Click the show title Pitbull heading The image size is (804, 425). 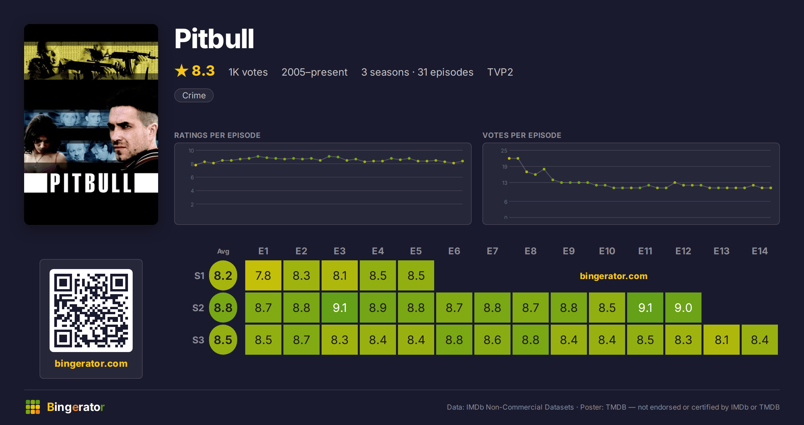click(214, 39)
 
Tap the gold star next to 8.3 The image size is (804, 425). click(182, 71)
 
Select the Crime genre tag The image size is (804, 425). click(194, 95)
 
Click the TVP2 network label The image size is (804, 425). click(500, 72)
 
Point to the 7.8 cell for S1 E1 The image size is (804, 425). click(263, 275)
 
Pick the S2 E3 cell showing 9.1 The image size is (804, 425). click(340, 308)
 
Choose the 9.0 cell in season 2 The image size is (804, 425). click(683, 308)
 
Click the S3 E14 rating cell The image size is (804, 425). click(760, 340)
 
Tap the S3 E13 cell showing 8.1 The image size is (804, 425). click(722, 340)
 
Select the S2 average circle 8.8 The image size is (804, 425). click(223, 308)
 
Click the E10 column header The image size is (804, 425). click(607, 251)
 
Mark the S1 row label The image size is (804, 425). click(199, 276)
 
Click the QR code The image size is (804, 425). click(91, 311)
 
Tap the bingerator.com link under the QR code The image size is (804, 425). click(91, 363)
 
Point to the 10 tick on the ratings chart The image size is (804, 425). click(191, 151)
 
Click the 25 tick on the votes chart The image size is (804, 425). click(504, 151)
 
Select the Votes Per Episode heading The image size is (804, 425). click(522, 135)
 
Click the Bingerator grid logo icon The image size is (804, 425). click(33, 407)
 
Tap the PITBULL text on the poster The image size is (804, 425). click(90, 183)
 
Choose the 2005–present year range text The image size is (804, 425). click(315, 72)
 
